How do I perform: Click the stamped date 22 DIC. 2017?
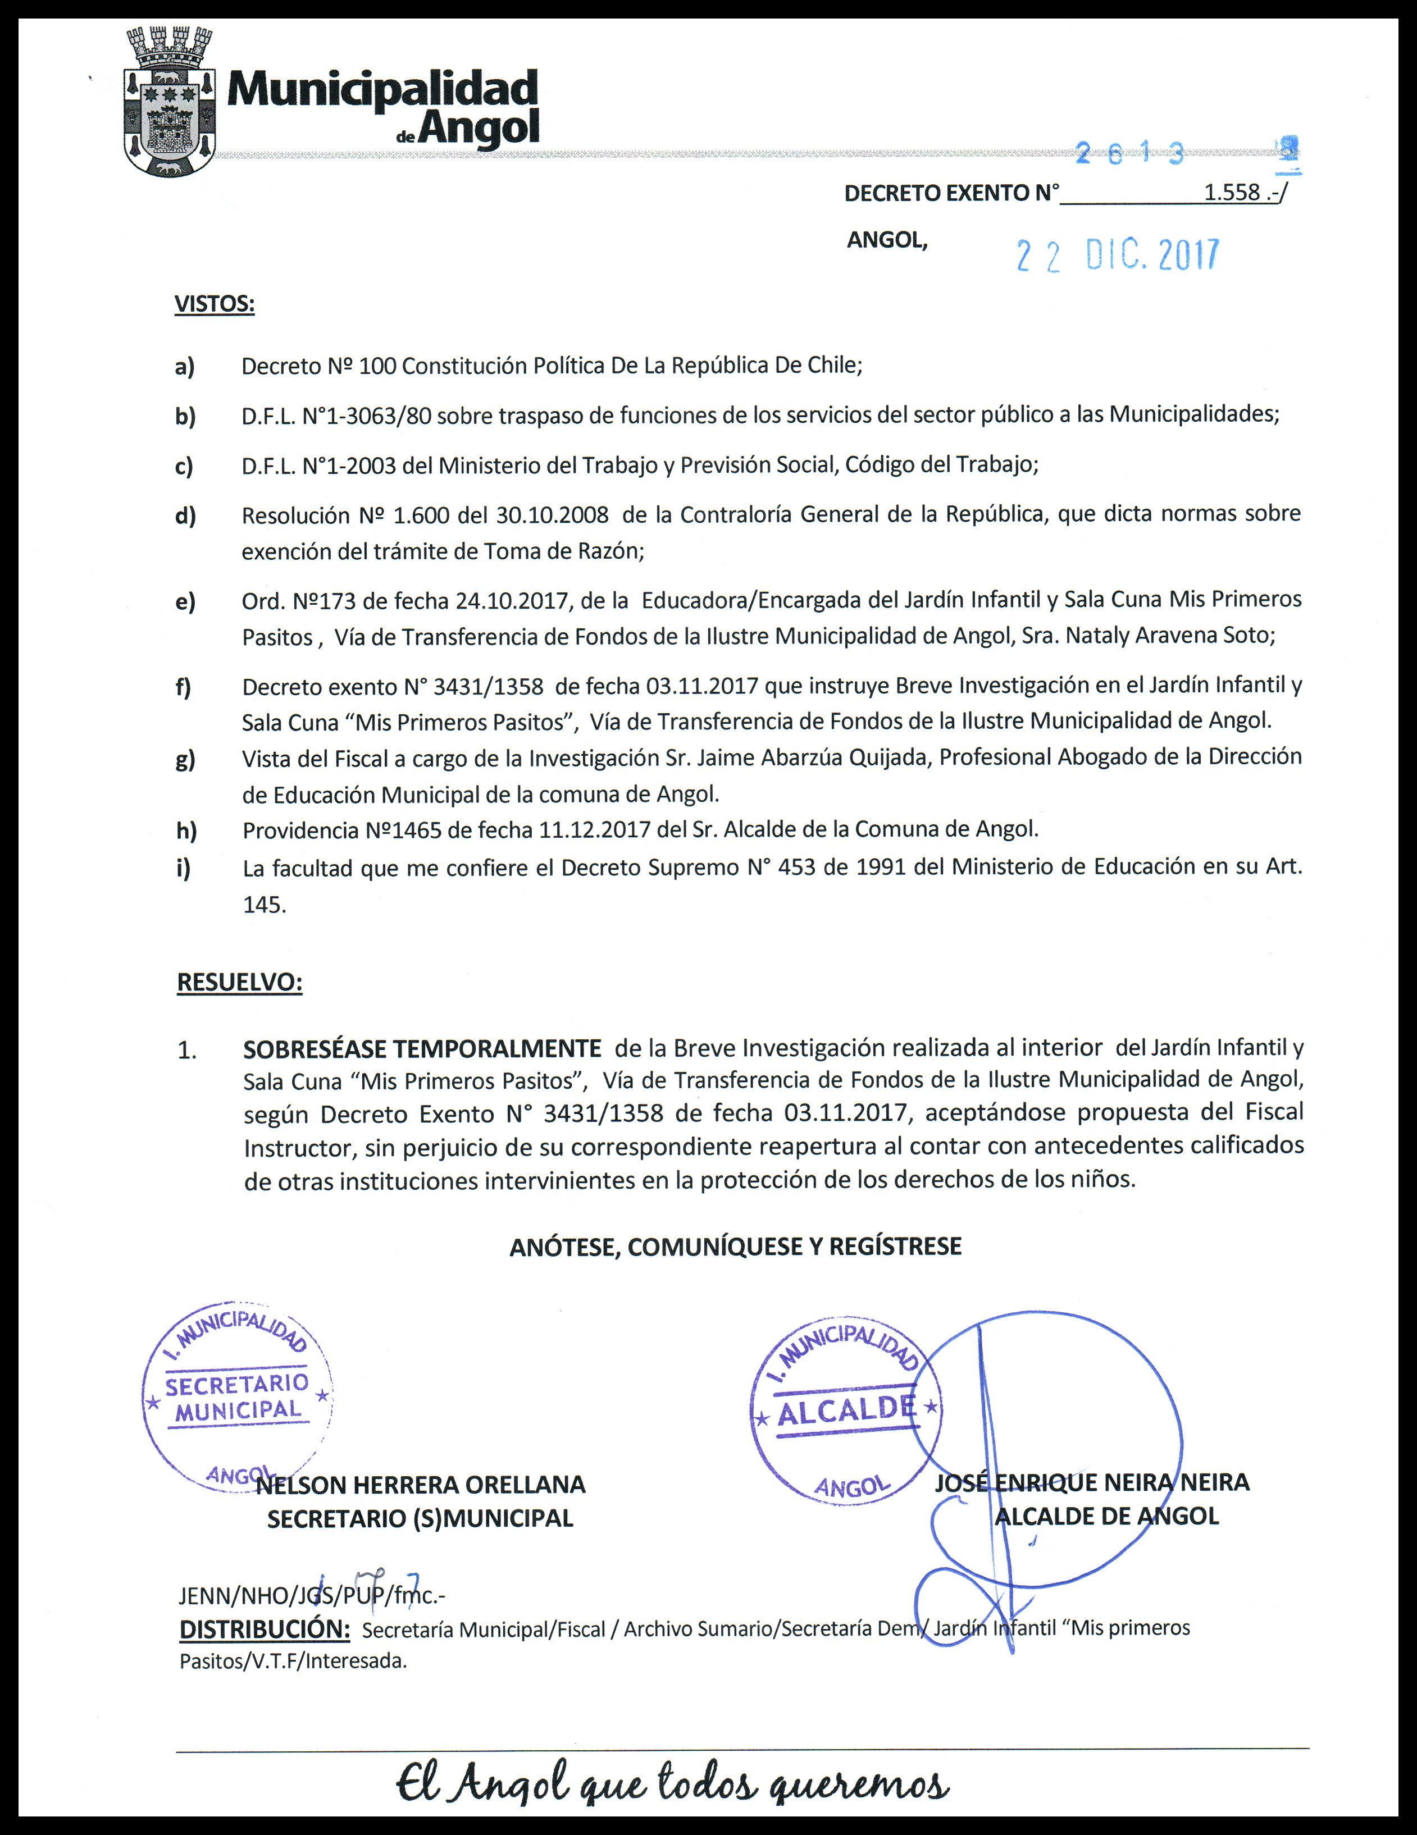pos(1117,254)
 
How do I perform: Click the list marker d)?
pos(185,515)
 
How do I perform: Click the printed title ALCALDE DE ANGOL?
pos(1106,1517)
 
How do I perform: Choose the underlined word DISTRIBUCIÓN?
pos(265,1629)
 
